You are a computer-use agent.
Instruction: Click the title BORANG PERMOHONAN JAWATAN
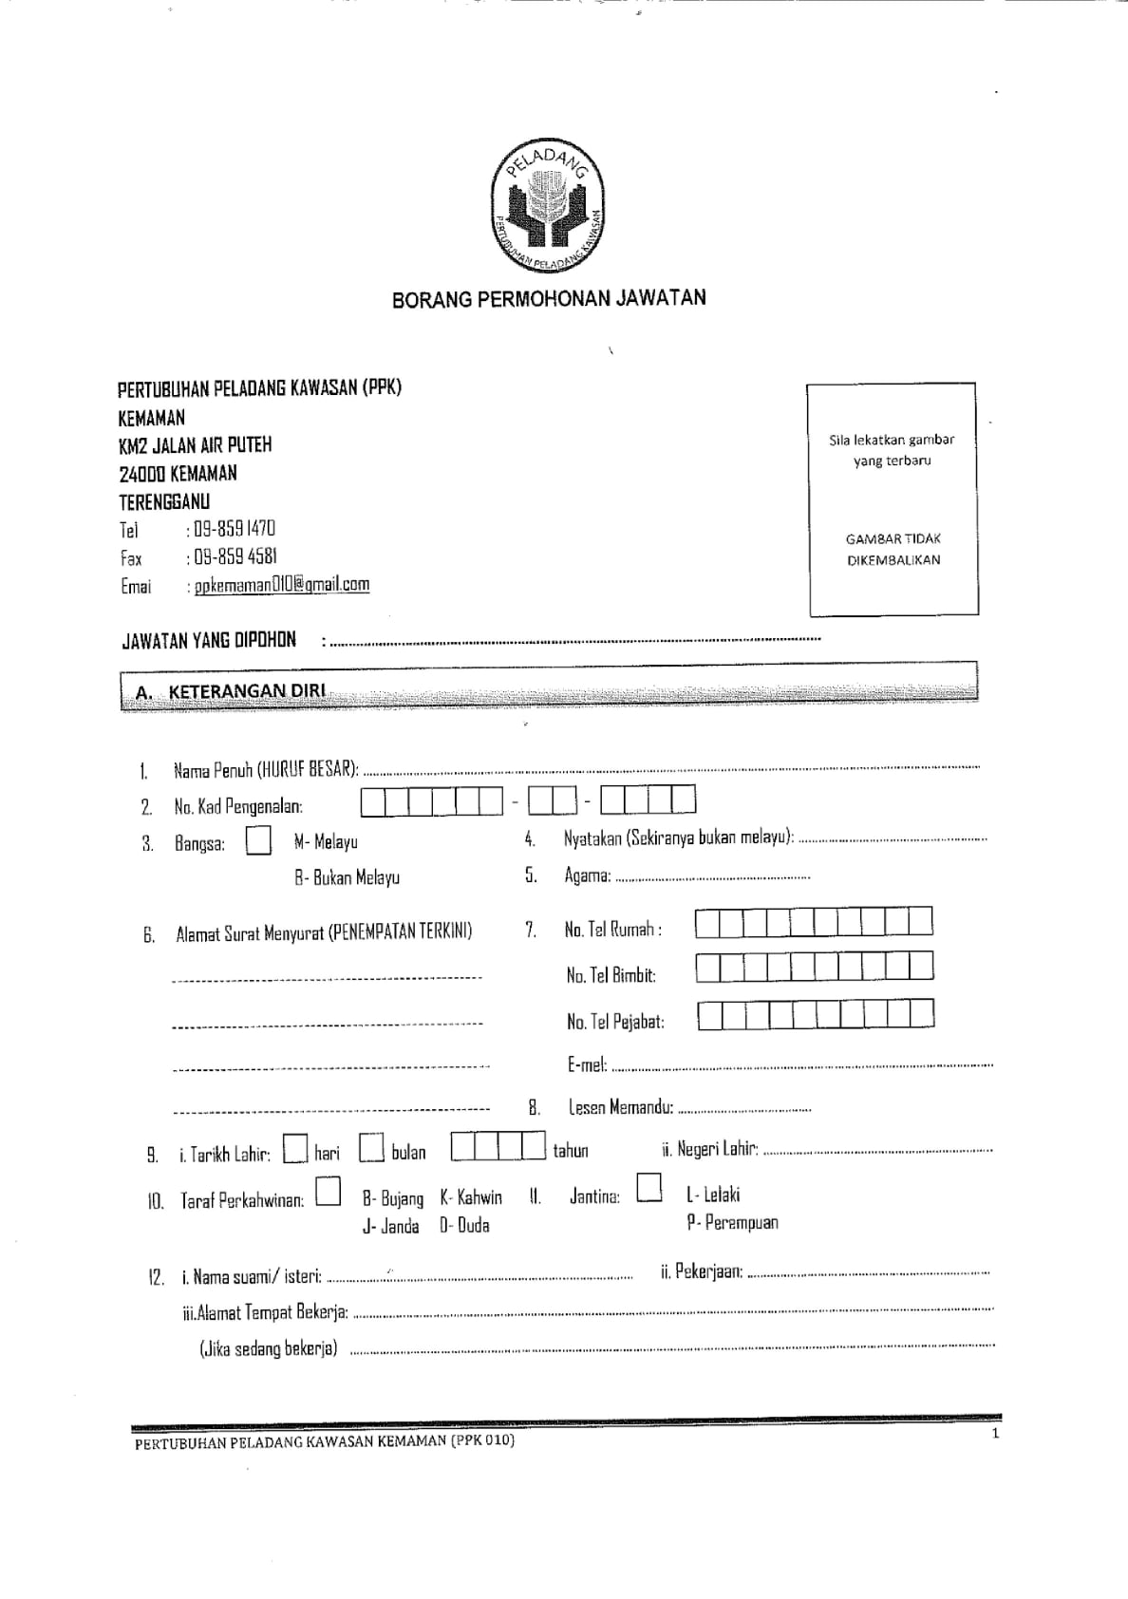[549, 298]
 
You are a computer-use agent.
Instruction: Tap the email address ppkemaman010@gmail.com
[282, 585]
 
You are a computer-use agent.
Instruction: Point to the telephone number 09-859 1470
[233, 529]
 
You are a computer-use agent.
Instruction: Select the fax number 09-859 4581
[234, 556]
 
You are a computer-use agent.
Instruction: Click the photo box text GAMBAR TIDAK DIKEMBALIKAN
[893, 549]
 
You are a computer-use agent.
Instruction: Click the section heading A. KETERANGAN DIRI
[232, 691]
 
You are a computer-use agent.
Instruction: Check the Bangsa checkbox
[258, 841]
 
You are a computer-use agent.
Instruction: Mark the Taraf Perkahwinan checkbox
[329, 1191]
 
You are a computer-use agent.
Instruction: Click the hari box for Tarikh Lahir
[296, 1150]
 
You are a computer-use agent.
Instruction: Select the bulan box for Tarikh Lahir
[371, 1150]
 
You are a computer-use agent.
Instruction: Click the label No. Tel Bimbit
[611, 975]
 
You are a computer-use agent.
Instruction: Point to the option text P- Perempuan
[732, 1222]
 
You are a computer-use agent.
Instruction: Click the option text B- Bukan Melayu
[347, 877]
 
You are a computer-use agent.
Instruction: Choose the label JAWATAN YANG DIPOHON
[209, 640]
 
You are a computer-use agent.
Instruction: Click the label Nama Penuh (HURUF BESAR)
[266, 769]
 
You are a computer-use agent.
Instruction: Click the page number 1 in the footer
[995, 1433]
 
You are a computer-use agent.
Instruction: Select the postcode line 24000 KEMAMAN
[179, 473]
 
